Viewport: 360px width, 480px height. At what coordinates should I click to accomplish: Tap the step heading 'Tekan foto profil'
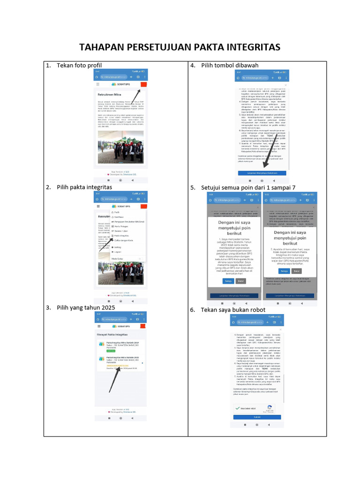[x=79, y=65]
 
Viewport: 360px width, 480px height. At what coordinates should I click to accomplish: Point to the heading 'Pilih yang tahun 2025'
[x=86, y=307]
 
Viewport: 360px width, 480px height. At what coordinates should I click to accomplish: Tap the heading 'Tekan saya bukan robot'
[x=233, y=310]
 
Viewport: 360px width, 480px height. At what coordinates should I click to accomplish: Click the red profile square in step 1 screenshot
[x=144, y=84]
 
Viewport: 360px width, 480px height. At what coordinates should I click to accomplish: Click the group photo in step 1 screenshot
[x=121, y=147]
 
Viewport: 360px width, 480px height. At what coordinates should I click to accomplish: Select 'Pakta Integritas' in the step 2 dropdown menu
[x=121, y=236]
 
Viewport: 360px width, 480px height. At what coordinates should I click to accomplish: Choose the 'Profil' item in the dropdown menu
[x=117, y=212]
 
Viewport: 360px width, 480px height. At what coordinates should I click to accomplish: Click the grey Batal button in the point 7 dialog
[x=296, y=271]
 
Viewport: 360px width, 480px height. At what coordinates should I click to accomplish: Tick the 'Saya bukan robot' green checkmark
[x=238, y=408]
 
